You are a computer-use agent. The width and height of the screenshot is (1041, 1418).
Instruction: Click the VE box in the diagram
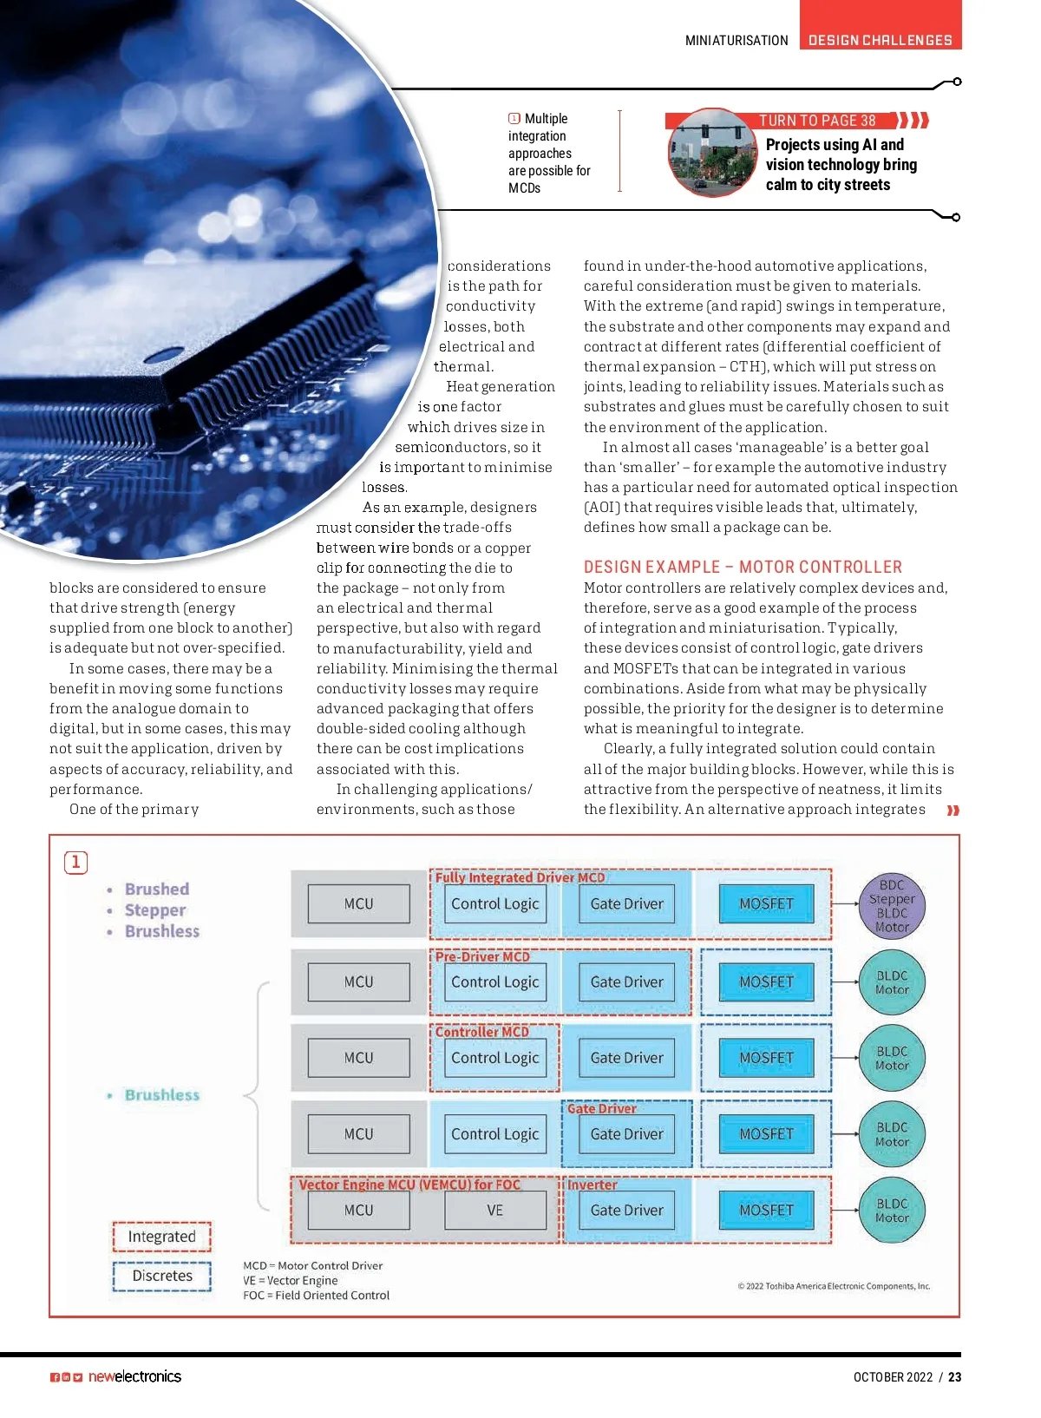coord(495,1210)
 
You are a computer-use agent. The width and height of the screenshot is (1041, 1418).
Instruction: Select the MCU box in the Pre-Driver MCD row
coord(358,981)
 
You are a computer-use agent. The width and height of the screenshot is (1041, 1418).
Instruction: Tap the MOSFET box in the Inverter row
coord(766,1210)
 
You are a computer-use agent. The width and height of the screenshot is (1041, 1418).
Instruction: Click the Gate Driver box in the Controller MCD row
coord(626,1058)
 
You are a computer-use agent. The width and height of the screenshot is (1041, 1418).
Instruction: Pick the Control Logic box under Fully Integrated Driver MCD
coord(494,903)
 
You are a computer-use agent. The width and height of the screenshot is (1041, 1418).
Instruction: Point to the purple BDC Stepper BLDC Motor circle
coord(892,905)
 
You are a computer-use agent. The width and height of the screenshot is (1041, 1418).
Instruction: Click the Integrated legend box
coord(161,1236)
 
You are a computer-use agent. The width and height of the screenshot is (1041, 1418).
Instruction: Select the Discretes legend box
coord(161,1276)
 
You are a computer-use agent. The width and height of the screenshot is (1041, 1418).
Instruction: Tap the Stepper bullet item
coord(155,910)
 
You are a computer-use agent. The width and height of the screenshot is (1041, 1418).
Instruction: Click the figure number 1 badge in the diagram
coord(76,862)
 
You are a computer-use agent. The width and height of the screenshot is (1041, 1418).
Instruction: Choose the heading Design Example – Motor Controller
coord(743,567)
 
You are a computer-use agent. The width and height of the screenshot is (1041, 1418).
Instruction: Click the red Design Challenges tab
coord(880,40)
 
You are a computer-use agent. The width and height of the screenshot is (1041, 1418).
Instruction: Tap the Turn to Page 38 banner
coord(817,121)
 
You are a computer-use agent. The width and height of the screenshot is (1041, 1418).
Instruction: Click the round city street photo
coord(712,153)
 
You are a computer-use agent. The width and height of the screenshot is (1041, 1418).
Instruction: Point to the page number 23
coord(954,1376)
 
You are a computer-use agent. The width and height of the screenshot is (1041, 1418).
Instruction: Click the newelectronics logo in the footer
coord(134,1376)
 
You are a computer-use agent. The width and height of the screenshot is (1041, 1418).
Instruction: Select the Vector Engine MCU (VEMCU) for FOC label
coord(409,1185)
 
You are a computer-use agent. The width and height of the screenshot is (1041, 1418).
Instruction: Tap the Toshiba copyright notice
coord(834,1286)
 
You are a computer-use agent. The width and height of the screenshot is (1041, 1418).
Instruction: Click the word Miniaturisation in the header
coord(737,40)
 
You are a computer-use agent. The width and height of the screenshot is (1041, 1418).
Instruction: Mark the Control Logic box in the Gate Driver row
coord(494,1133)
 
